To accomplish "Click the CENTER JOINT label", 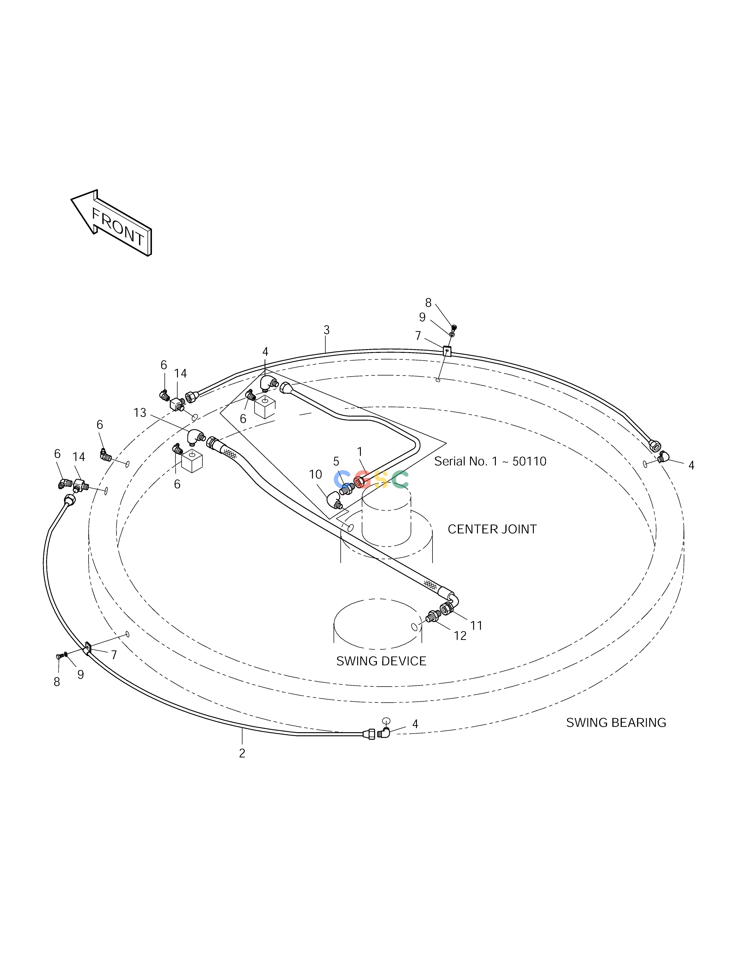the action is point(492,529).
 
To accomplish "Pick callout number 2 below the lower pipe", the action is point(242,753).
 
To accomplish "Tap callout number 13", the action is point(140,413).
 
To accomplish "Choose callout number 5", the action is point(336,461).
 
